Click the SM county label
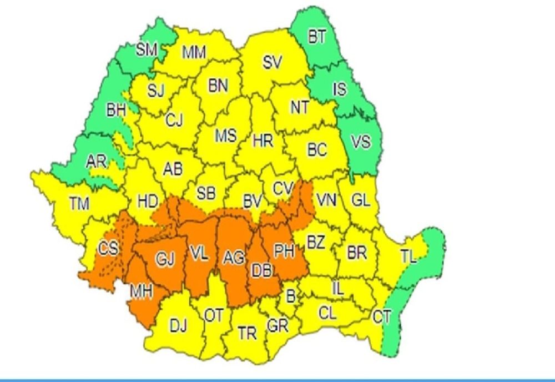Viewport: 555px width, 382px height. point(147,51)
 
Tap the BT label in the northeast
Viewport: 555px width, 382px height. point(317,37)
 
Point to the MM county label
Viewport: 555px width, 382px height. point(194,53)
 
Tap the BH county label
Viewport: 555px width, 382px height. point(117,110)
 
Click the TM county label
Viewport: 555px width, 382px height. point(79,204)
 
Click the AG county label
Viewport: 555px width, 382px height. point(233,257)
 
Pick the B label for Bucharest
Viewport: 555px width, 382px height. point(290,296)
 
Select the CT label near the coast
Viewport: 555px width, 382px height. point(381,317)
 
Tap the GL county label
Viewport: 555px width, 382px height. point(361,202)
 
